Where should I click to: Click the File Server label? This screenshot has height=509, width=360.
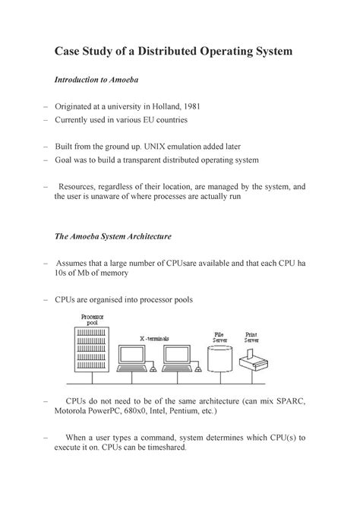point(219,337)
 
